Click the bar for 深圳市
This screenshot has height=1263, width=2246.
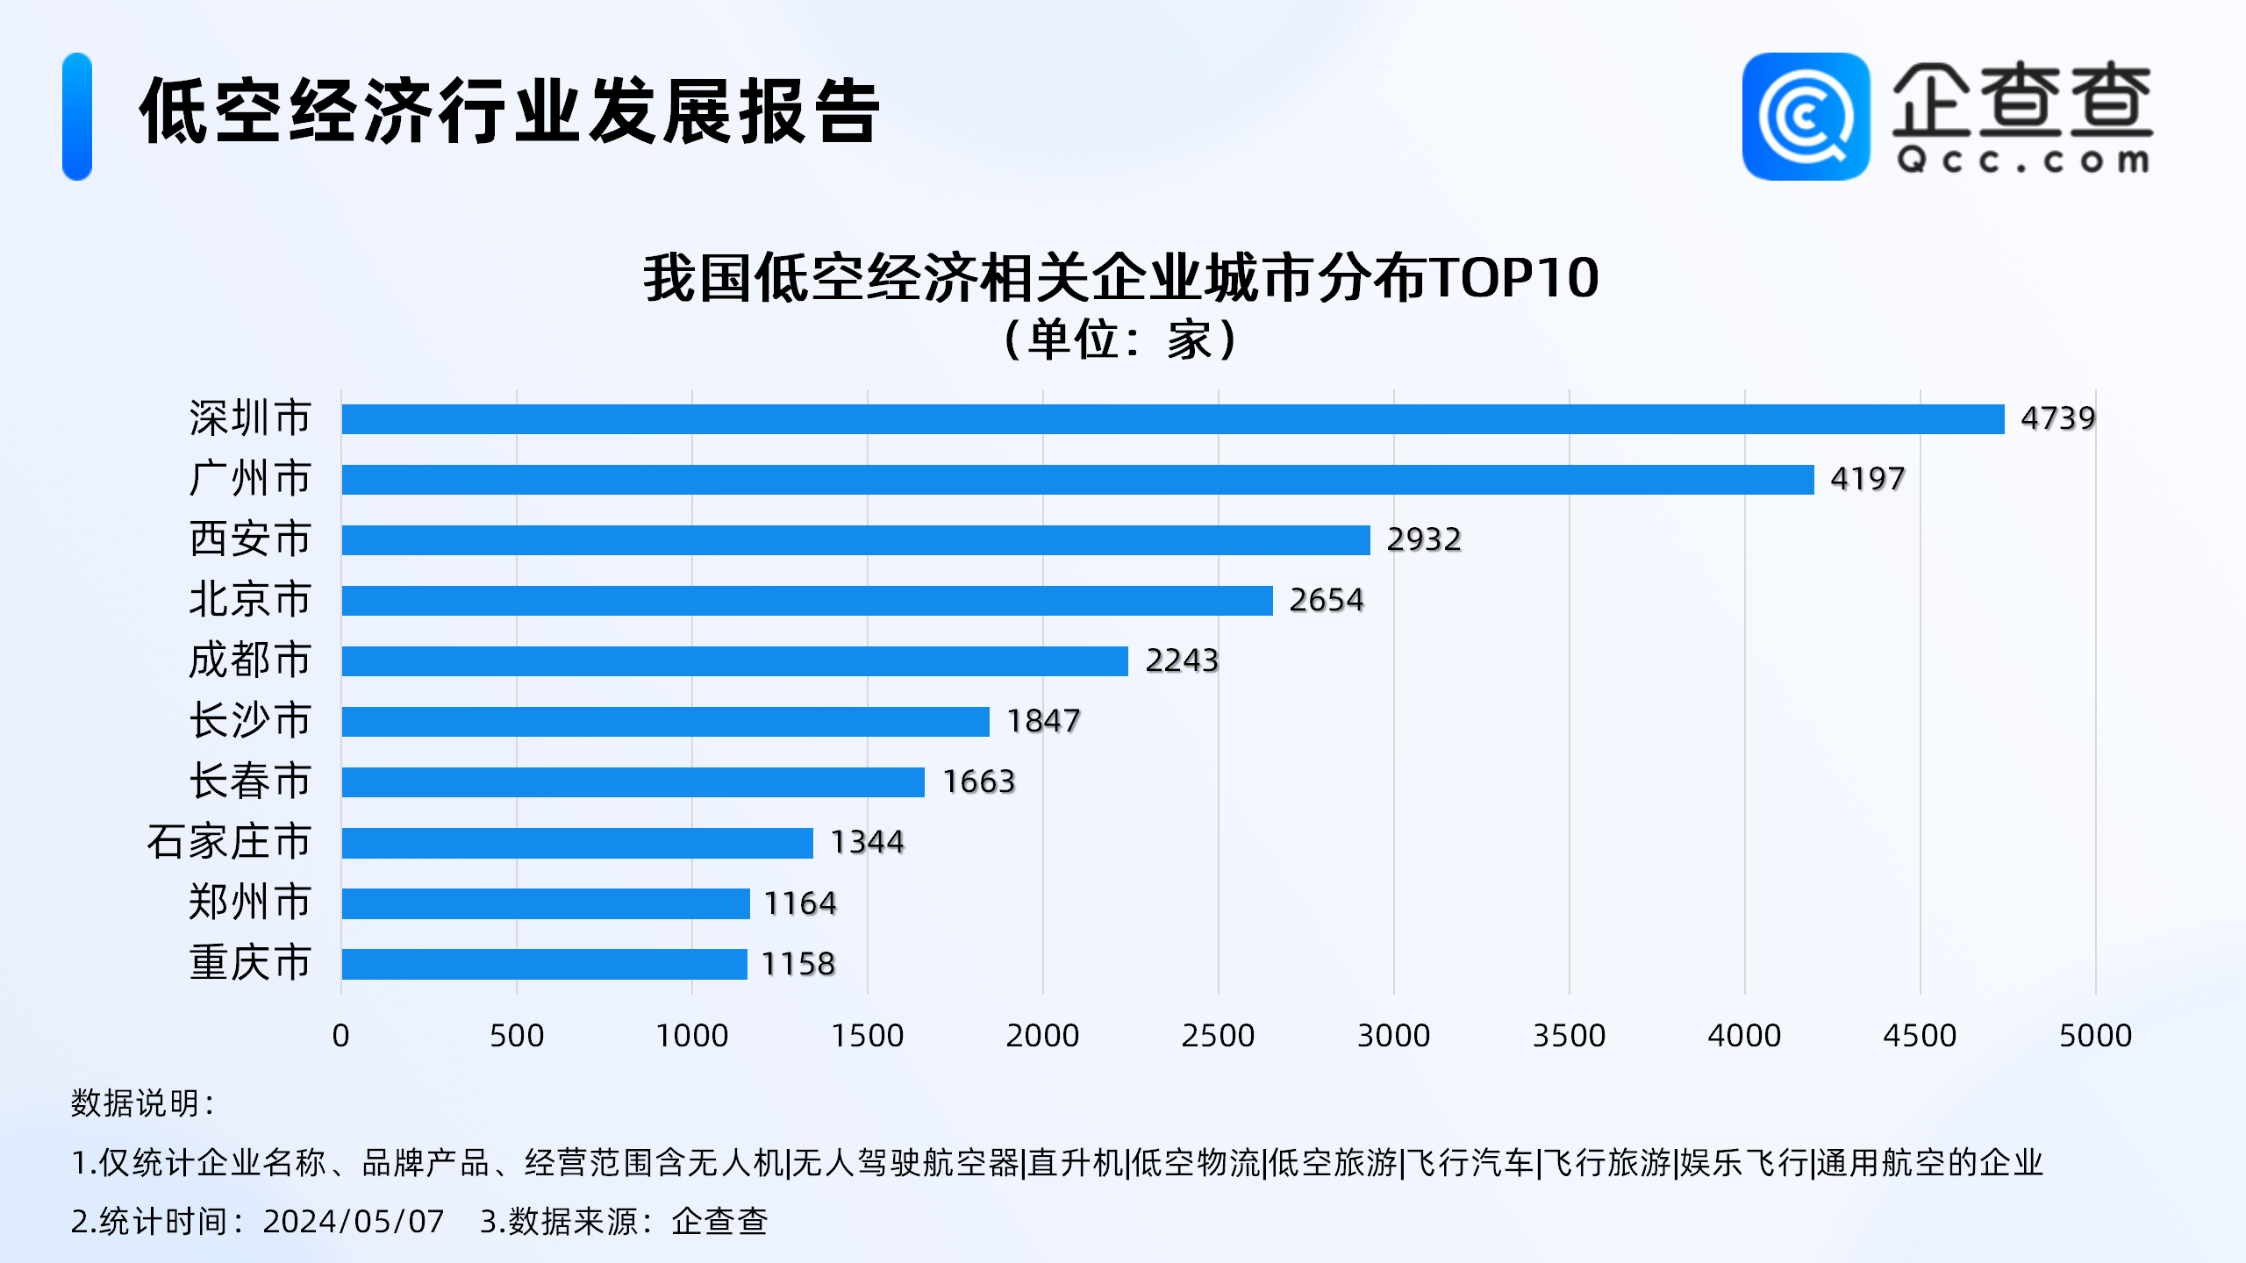(1172, 419)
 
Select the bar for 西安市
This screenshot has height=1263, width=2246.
(855, 540)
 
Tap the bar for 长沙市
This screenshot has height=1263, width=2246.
(665, 722)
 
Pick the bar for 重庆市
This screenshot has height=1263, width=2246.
(544, 964)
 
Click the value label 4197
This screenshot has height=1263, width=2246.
(1867, 479)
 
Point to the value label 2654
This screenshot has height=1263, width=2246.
(1326, 600)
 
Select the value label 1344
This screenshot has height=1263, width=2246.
(867, 842)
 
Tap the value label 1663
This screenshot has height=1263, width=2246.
(978, 781)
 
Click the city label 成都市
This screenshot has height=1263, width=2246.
(250, 660)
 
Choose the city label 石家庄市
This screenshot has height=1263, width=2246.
(229, 842)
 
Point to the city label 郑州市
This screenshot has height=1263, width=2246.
(250, 903)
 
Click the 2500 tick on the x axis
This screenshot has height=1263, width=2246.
(1218, 1036)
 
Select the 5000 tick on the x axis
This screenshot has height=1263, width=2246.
(2095, 1036)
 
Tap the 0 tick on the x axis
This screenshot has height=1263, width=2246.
(341, 1036)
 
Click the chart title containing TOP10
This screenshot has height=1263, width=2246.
(1121, 278)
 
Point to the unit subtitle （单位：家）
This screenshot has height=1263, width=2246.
(1121, 340)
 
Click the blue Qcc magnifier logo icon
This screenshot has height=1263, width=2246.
(1806, 117)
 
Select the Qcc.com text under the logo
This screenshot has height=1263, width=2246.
(2022, 161)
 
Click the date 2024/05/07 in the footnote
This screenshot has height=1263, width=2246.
(354, 1222)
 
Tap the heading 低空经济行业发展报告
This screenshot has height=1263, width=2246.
(509, 111)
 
